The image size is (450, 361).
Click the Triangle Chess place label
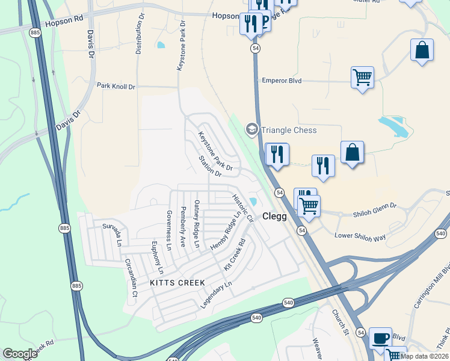pyautogui.click(x=288, y=130)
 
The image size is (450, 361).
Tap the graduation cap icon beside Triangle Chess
pyautogui.click(x=251, y=129)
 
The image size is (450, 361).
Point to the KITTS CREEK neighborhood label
pyautogui.click(x=177, y=282)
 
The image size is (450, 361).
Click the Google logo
pyautogui.click(x=20, y=353)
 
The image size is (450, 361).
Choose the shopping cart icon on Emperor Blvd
pyautogui.click(x=362, y=77)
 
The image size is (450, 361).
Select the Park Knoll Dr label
pyautogui.click(x=116, y=87)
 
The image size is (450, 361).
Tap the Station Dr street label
pyautogui.click(x=211, y=167)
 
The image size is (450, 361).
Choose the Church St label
pyautogui.click(x=341, y=322)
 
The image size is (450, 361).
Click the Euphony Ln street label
pyautogui.click(x=157, y=254)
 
